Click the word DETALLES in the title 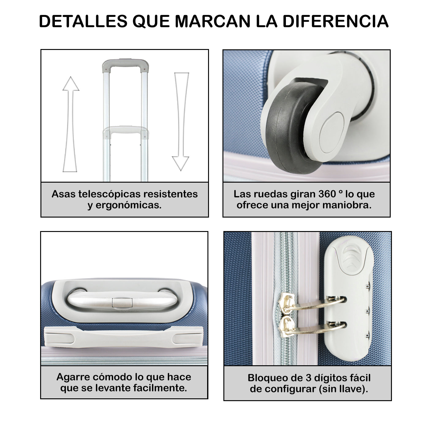point(83,21)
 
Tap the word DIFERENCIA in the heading point(336,21)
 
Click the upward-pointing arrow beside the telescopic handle point(70,124)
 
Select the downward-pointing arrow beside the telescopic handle point(181,122)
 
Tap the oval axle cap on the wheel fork point(332,133)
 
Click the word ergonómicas point(128,205)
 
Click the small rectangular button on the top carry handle point(122,302)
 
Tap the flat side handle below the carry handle point(123,337)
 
